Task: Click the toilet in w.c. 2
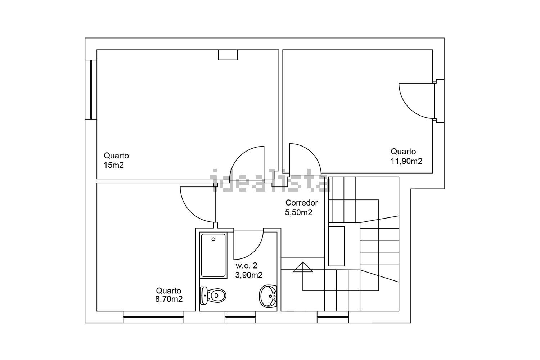(213, 295)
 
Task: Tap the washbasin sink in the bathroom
(268, 296)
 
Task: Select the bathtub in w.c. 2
(213, 255)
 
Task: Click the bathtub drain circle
(213, 239)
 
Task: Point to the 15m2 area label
(113, 165)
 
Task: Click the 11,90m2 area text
(406, 161)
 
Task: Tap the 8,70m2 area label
(169, 299)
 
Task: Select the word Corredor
(302, 203)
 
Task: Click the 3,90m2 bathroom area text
(249, 275)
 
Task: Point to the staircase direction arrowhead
(303, 267)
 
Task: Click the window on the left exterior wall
(91, 90)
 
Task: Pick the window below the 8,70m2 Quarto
(154, 317)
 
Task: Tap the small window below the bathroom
(240, 317)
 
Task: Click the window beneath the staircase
(333, 317)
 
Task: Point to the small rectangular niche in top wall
(228, 55)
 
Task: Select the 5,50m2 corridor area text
(299, 212)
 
